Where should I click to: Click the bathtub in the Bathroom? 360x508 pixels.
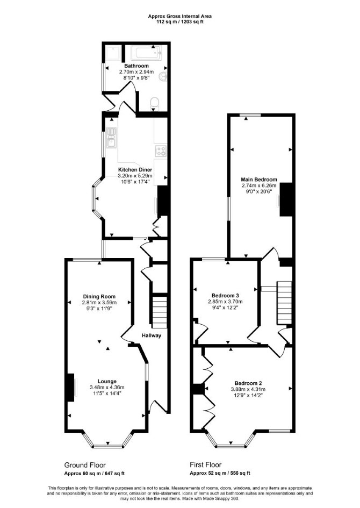tap(146, 53)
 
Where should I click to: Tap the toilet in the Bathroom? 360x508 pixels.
tap(154, 103)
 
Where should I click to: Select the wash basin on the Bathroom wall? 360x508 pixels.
tap(162, 77)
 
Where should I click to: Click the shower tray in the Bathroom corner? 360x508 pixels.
tap(113, 53)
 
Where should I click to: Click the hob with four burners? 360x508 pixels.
tap(161, 151)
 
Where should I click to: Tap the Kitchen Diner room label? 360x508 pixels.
tap(135, 170)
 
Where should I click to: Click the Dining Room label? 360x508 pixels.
tap(99, 296)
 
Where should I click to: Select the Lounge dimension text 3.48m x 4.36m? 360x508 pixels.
tap(107, 387)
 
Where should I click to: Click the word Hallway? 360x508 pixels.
tap(151, 335)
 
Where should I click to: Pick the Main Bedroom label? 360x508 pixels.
tap(259, 180)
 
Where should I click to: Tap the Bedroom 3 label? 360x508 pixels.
tap(225, 296)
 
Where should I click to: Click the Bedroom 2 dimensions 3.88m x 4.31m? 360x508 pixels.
tap(248, 389)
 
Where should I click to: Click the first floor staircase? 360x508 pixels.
tap(284, 303)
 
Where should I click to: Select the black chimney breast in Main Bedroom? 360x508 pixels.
tap(286, 199)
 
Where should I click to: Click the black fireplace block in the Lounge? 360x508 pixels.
tap(70, 388)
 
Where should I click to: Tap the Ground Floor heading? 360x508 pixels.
tap(85, 465)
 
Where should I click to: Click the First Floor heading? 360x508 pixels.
tap(206, 465)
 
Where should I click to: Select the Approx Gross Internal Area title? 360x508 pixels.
tap(180, 16)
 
